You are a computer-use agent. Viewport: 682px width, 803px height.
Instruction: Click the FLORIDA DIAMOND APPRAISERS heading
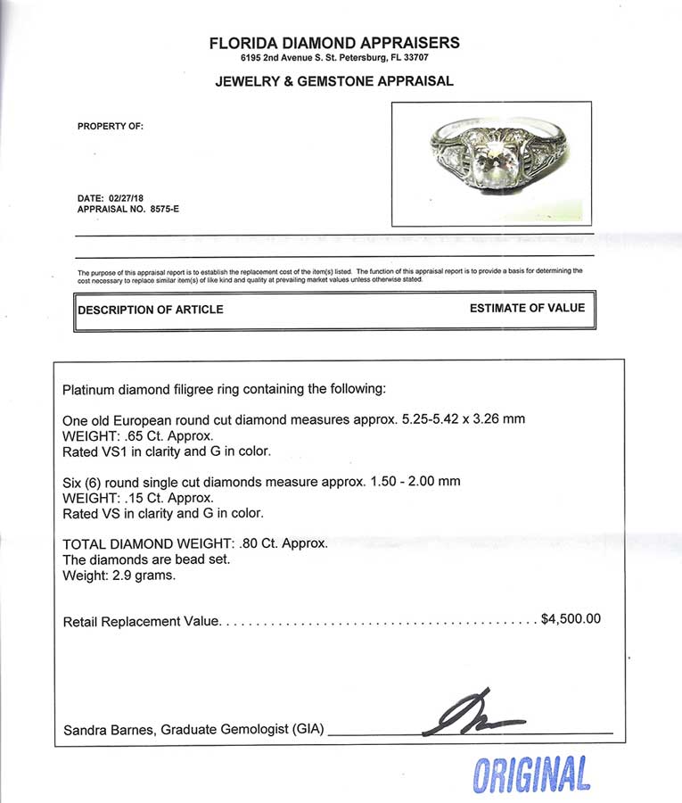coord(334,42)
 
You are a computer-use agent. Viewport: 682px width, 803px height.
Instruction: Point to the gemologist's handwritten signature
coord(472,714)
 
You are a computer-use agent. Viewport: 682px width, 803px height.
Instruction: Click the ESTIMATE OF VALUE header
coord(527,308)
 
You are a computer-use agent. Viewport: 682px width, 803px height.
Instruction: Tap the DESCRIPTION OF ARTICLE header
coord(151,310)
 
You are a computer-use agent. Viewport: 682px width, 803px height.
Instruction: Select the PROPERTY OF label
coord(111,127)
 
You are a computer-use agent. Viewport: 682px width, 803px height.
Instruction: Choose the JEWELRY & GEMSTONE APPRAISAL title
coord(334,81)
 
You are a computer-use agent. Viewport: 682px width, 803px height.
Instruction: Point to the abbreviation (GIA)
coord(308,730)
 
